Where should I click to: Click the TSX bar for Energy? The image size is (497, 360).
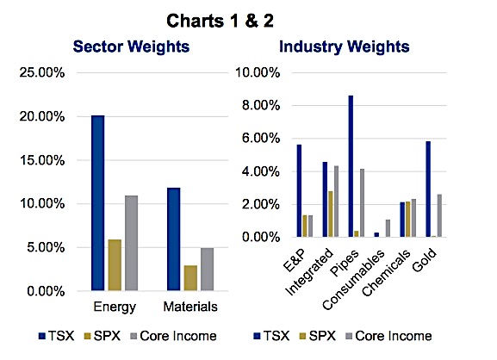click(x=97, y=202)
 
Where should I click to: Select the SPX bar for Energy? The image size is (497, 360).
click(x=115, y=265)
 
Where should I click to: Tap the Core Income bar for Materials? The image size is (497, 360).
click(x=207, y=269)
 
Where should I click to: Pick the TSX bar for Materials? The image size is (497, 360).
click(x=174, y=239)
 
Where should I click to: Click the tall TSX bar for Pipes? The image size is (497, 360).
click(x=351, y=166)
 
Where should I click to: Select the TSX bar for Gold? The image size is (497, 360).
click(x=428, y=189)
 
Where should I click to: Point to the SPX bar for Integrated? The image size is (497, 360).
click(x=330, y=214)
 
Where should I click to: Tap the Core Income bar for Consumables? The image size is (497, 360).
click(x=388, y=228)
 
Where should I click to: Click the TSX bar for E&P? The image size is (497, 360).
click(x=299, y=191)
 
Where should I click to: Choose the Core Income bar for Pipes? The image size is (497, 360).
click(x=362, y=202)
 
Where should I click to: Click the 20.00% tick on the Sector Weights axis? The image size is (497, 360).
click(x=42, y=116)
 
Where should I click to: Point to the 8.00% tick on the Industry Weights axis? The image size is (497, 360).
click(x=261, y=105)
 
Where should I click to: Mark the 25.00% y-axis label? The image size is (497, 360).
click(x=42, y=72)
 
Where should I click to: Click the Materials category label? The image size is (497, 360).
click(x=190, y=307)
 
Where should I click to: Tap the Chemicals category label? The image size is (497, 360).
click(x=385, y=273)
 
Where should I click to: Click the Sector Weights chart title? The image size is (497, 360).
click(x=131, y=47)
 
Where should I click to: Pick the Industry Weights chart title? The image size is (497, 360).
click(x=345, y=47)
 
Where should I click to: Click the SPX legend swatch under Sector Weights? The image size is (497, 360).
click(x=88, y=336)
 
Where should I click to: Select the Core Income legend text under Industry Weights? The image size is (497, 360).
click(x=394, y=336)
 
